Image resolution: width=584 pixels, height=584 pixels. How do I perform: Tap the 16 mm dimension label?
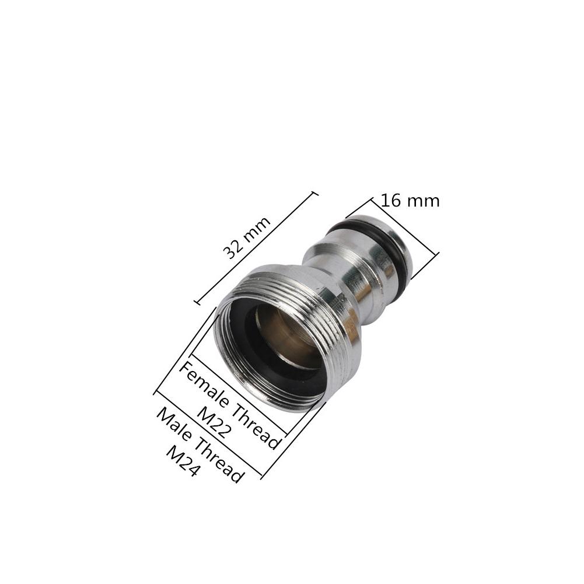pos(410,201)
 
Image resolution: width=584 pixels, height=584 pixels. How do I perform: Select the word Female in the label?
pos(201,382)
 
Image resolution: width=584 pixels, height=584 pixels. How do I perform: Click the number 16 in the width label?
pos(391,201)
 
